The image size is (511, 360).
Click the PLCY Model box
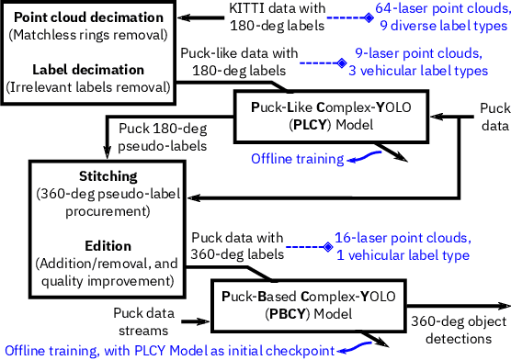click(332, 116)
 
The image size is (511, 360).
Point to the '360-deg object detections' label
click(458, 332)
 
